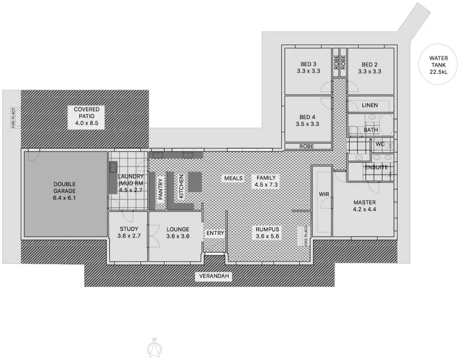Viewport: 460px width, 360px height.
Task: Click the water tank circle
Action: (438, 64)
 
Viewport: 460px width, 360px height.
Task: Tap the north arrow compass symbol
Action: (155, 348)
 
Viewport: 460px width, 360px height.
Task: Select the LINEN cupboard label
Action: (370, 105)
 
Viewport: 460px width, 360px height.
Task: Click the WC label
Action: (380, 144)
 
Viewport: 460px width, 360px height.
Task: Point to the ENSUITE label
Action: (376, 167)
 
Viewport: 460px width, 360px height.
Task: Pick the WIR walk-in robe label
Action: (324, 194)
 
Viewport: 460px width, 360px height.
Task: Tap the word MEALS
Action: (233, 178)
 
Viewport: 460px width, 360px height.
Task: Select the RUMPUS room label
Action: (267, 230)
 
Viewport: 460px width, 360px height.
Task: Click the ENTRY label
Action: (215, 233)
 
